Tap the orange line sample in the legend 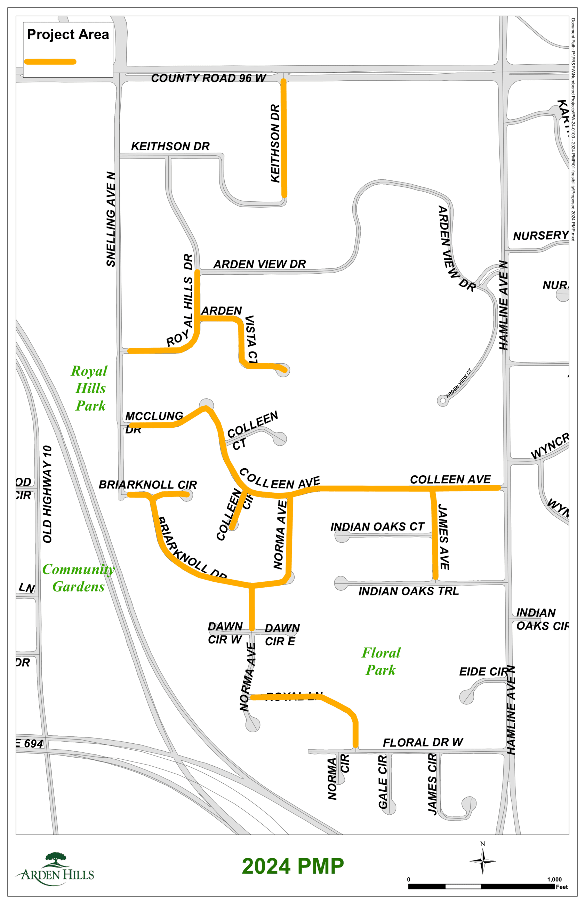click(x=50, y=62)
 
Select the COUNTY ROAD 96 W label click(x=208, y=78)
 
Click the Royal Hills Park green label click(x=90, y=388)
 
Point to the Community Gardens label click(x=78, y=578)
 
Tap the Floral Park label click(x=380, y=661)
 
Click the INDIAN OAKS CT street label click(x=377, y=527)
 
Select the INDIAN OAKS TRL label click(x=408, y=591)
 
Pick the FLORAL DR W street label click(x=423, y=742)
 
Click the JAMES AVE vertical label click(x=444, y=537)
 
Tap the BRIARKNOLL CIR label click(x=148, y=485)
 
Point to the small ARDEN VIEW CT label click(x=458, y=383)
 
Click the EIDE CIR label click(x=483, y=672)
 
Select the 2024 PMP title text click(x=292, y=866)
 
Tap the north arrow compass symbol click(x=482, y=861)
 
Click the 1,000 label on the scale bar click(x=554, y=879)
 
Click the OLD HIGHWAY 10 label click(x=47, y=494)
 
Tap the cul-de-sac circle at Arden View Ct click(x=442, y=401)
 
